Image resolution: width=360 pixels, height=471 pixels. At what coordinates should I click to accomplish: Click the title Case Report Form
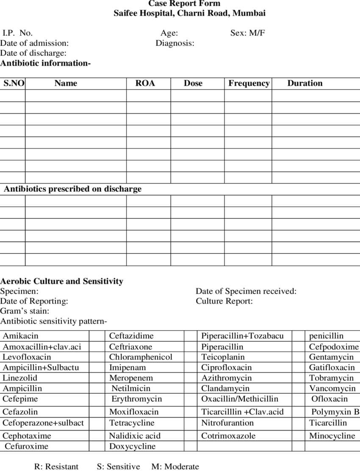[184, 4]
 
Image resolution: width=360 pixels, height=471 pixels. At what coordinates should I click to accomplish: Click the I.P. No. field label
[17, 33]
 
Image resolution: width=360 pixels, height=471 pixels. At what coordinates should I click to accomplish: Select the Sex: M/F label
[248, 33]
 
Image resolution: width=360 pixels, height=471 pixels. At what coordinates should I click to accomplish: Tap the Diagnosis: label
[175, 43]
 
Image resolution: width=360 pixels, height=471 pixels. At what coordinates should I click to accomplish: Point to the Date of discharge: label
[33, 53]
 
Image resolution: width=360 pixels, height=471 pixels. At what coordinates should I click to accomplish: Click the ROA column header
[145, 84]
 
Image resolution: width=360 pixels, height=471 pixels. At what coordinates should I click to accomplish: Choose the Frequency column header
[249, 84]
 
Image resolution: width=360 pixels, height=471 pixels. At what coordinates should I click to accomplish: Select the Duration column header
[305, 84]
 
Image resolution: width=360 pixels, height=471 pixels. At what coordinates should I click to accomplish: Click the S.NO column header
[14, 84]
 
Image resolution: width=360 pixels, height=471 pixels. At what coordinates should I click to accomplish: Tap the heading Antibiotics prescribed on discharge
[72, 189]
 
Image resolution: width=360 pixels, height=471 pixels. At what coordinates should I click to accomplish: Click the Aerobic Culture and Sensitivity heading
[62, 281]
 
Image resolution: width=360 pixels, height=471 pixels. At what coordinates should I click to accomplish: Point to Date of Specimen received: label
[246, 291]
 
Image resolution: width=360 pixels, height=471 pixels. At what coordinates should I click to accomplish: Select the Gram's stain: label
[25, 311]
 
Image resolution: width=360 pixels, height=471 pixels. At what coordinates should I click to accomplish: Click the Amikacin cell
[20, 336]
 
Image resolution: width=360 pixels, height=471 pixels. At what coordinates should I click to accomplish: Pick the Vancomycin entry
[332, 388]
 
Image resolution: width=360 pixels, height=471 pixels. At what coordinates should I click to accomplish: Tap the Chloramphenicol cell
[141, 357]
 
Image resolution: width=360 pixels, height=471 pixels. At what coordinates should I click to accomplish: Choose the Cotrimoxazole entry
[228, 436]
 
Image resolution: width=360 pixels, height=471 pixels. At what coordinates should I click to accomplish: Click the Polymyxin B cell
[335, 412]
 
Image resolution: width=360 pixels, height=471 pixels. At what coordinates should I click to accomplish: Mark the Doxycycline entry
[132, 446]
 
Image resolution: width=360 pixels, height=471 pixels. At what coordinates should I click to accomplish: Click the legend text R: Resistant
[56, 467]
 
